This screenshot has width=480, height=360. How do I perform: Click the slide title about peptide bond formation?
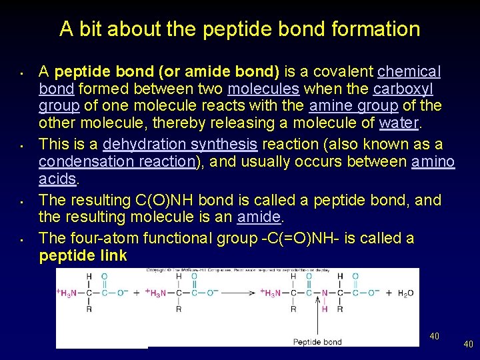tap(239, 29)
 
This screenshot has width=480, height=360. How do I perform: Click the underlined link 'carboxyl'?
tap(403, 89)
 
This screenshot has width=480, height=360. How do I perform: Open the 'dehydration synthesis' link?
tap(180, 144)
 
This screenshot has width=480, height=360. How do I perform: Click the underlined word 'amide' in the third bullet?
tap(259, 217)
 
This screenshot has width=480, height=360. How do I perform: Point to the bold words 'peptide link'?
tap(83, 256)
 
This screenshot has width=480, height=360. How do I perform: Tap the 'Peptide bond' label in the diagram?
tap(317, 342)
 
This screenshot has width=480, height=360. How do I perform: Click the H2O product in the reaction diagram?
tap(405, 293)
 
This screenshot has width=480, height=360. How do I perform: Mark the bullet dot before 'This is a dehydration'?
tap(22, 144)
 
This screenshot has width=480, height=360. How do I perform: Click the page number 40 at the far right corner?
tap(468, 344)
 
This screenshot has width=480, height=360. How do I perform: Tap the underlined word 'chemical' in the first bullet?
tap(409, 71)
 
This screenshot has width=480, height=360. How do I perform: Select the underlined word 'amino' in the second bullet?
tap(433, 161)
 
